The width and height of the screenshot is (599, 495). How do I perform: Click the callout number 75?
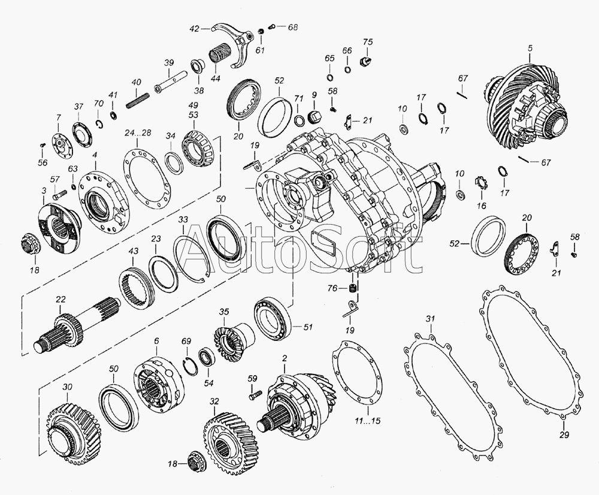[368, 42]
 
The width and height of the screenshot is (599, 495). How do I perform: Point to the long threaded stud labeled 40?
[137, 99]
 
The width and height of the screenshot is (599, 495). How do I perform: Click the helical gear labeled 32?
[228, 440]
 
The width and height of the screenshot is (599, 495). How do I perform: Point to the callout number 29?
[564, 434]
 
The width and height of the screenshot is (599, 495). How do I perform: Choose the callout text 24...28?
[138, 132]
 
